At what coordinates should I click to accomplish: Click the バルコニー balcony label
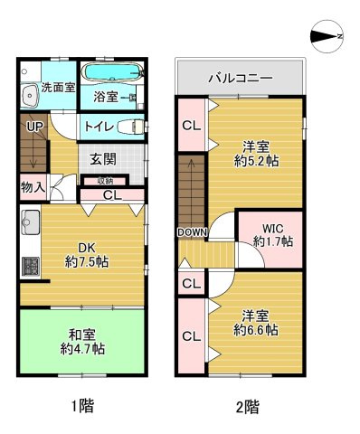[240, 78]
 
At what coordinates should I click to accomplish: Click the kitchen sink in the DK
[29, 222]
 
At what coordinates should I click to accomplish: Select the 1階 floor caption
[81, 406]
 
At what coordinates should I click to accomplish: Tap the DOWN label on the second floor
[193, 232]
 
